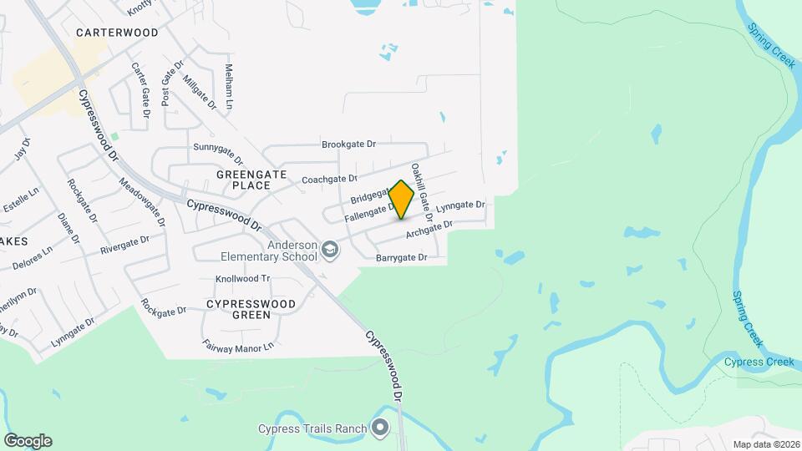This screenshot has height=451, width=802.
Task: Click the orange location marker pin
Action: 402,199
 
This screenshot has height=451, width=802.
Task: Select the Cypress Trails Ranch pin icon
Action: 381,429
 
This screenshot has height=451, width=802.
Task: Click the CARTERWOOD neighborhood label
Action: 117,33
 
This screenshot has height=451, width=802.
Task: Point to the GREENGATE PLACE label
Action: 251,180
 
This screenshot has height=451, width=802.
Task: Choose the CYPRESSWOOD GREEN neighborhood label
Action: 251,309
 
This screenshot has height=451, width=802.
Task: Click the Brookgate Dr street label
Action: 349,144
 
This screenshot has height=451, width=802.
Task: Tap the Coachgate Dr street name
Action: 329,179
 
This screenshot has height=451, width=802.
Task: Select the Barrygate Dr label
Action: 401,258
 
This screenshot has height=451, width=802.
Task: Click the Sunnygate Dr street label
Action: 218,154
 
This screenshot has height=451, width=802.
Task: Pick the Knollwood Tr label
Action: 243,278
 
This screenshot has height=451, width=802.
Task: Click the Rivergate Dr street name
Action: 124,244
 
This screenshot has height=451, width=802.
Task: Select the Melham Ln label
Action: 228,82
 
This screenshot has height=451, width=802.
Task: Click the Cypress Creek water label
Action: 759,362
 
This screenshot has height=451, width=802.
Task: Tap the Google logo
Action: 28,441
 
